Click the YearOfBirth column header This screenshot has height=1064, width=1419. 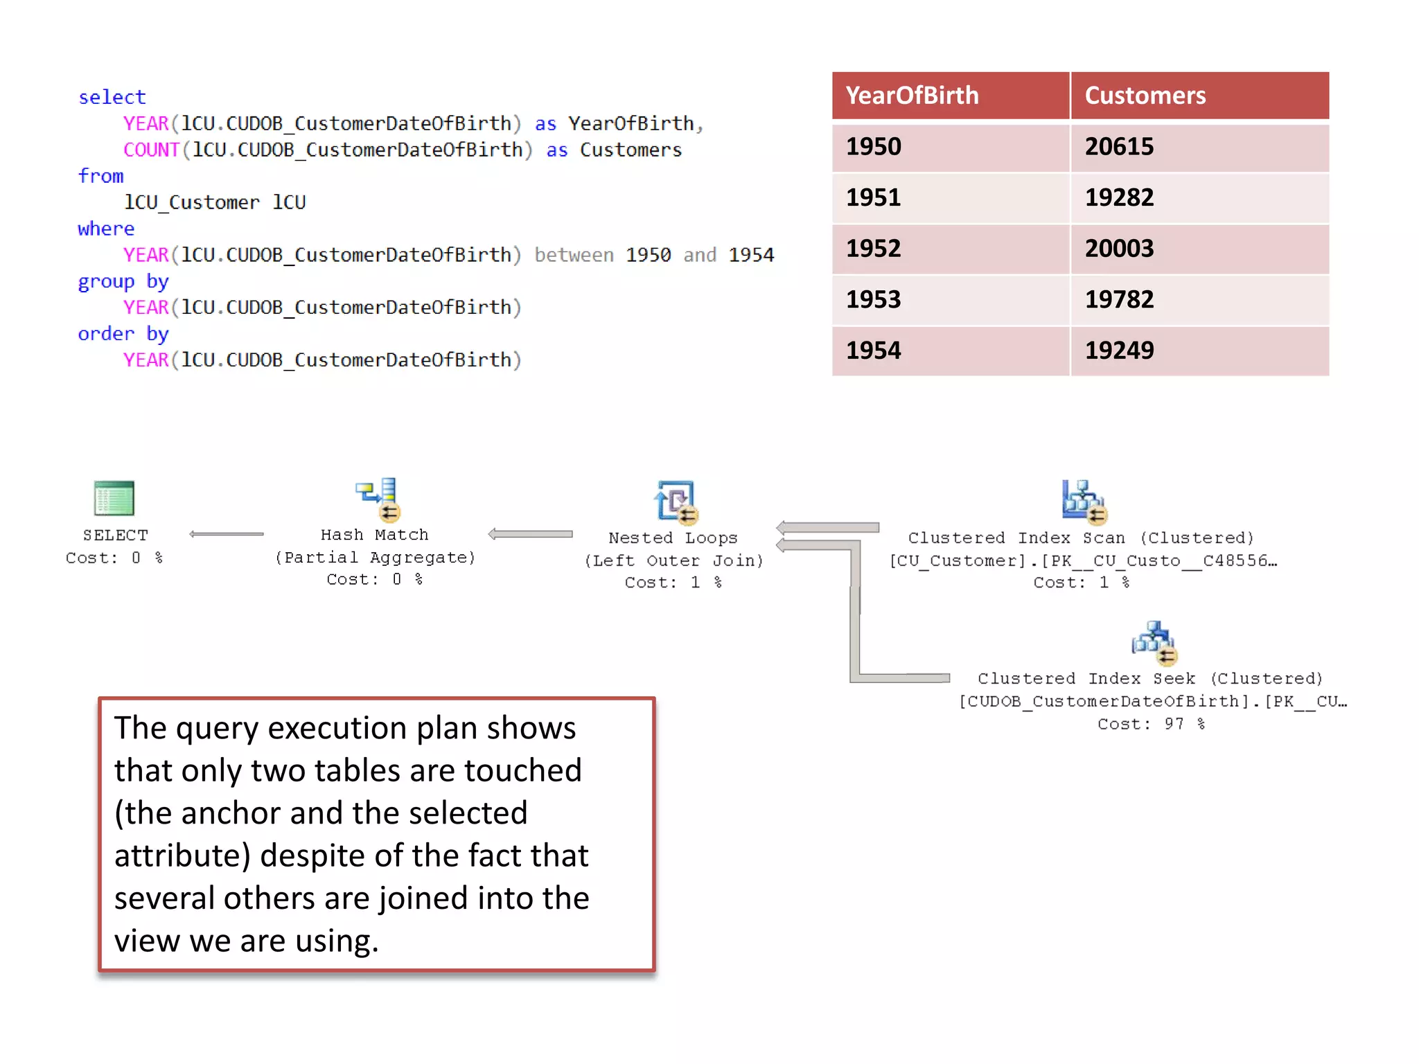point(912,96)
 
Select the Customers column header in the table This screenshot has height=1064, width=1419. point(1145,96)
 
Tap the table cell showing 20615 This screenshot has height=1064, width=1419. point(1119,146)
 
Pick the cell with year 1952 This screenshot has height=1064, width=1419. point(874,248)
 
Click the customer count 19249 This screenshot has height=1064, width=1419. point(1119,350)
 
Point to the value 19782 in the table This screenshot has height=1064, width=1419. point(1119,299)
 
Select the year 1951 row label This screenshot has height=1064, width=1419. point(874,197)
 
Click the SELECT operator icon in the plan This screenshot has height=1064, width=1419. point(114,498)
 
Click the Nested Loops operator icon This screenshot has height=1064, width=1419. point(676,501)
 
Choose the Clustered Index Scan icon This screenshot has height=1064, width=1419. point(1083,501)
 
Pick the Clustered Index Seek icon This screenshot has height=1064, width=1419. point(1154,642)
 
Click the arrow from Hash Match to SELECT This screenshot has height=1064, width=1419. point(226,534)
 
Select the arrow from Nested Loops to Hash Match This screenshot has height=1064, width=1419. point(530,534)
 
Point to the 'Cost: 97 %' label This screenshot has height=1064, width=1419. point(1151,724)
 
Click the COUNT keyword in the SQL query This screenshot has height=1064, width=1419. point(151,150)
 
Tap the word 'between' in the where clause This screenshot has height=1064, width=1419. point(574,255)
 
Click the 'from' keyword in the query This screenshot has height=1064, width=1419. point(100,176)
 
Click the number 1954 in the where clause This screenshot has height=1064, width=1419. point(751,255)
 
